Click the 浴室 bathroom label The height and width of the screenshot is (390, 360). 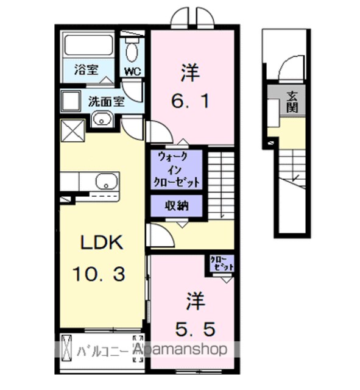tap(86, 70)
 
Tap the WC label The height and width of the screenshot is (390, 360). tap(133, 72)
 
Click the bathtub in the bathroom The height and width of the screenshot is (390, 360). tap(88, 45)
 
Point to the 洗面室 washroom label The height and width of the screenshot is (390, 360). tap(107, 102)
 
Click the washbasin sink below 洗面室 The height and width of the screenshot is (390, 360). tap(102, 119)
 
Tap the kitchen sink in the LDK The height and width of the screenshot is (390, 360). tap(107, 182)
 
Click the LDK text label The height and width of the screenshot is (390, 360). tap(102, 243)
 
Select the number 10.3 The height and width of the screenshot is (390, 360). tap(99, 274)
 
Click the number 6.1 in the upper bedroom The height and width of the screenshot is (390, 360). tap(190, 101)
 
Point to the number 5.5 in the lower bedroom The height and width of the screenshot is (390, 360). tap(195, 329)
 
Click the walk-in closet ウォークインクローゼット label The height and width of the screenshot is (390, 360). tap(177, 170)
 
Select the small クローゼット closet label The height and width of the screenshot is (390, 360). tap(222, 263)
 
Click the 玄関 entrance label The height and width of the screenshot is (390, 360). tap(292, 102)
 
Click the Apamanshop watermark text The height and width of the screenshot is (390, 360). tap(180, 349)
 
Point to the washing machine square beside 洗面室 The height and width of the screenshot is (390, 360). tap(71, 101)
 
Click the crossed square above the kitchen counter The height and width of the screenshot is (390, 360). tap(72, 130)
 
